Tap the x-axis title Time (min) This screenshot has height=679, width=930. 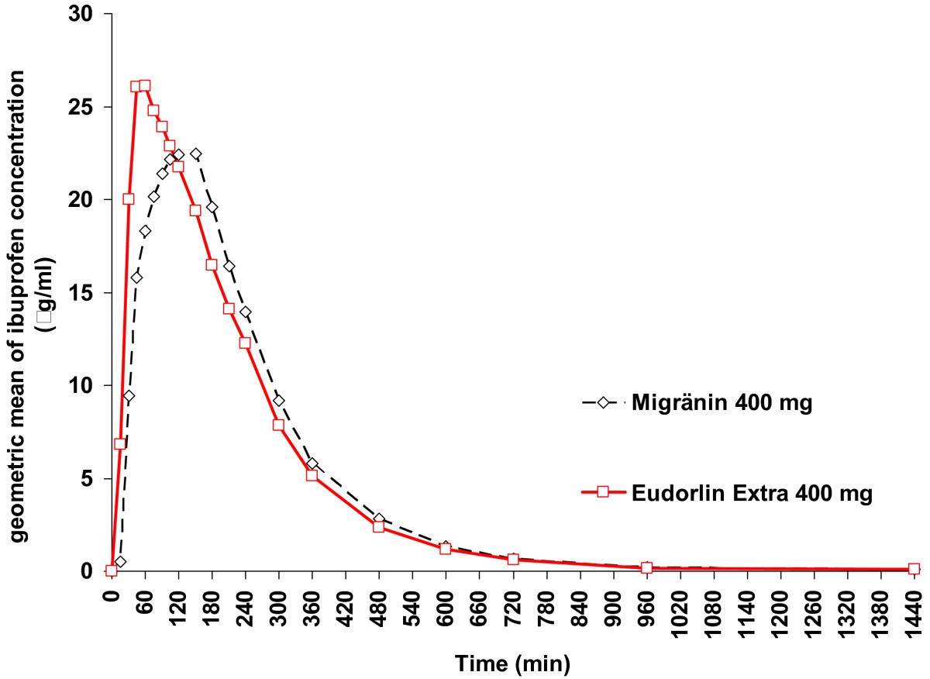(x=512, y=663)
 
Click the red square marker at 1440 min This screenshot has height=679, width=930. (x=914, y=569)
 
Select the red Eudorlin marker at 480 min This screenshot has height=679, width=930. (x=379, y=526)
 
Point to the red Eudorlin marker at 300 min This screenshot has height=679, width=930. (x=278, y=425)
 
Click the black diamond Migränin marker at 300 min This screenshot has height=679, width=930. (x=278, y=401)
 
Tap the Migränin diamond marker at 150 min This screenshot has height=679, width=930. (x=195, y=154)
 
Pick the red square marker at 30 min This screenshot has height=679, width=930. (x=129, y=199)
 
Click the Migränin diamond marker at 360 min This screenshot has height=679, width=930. (x=312, y=464)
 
